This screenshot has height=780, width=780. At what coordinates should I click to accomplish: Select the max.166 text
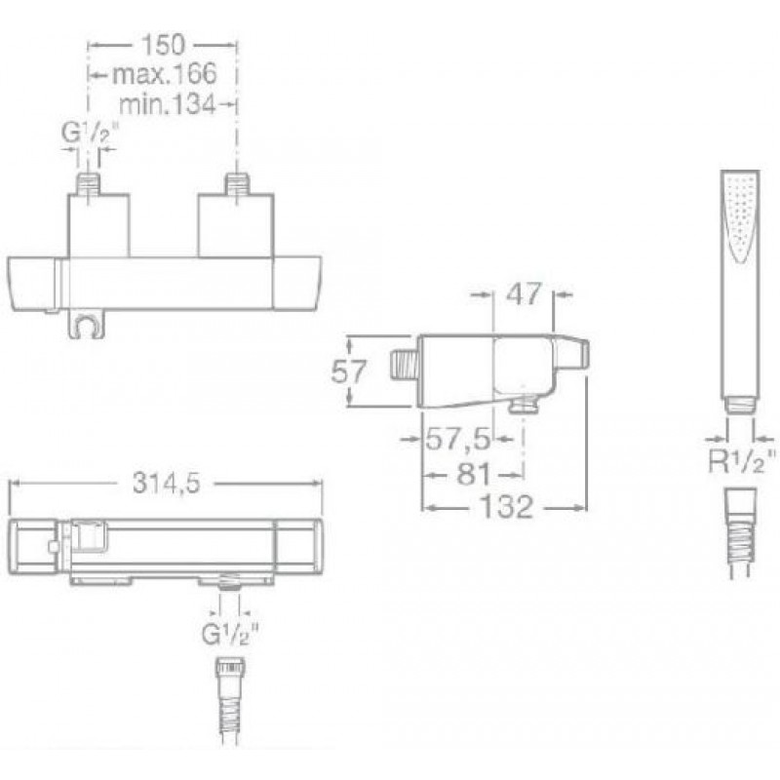(165, 74)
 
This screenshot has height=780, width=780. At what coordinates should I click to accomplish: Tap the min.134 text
(168, 104)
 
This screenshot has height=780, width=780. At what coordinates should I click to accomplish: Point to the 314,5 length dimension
(166, 483)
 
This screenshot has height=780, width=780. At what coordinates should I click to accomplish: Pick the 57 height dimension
(349, 371)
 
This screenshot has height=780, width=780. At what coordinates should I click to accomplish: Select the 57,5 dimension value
(457, 439)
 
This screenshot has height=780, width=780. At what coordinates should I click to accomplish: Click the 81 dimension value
(474, 474)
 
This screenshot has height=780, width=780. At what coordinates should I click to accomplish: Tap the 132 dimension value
(506, 507)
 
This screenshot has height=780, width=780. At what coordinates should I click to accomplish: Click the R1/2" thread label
(741, 462)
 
